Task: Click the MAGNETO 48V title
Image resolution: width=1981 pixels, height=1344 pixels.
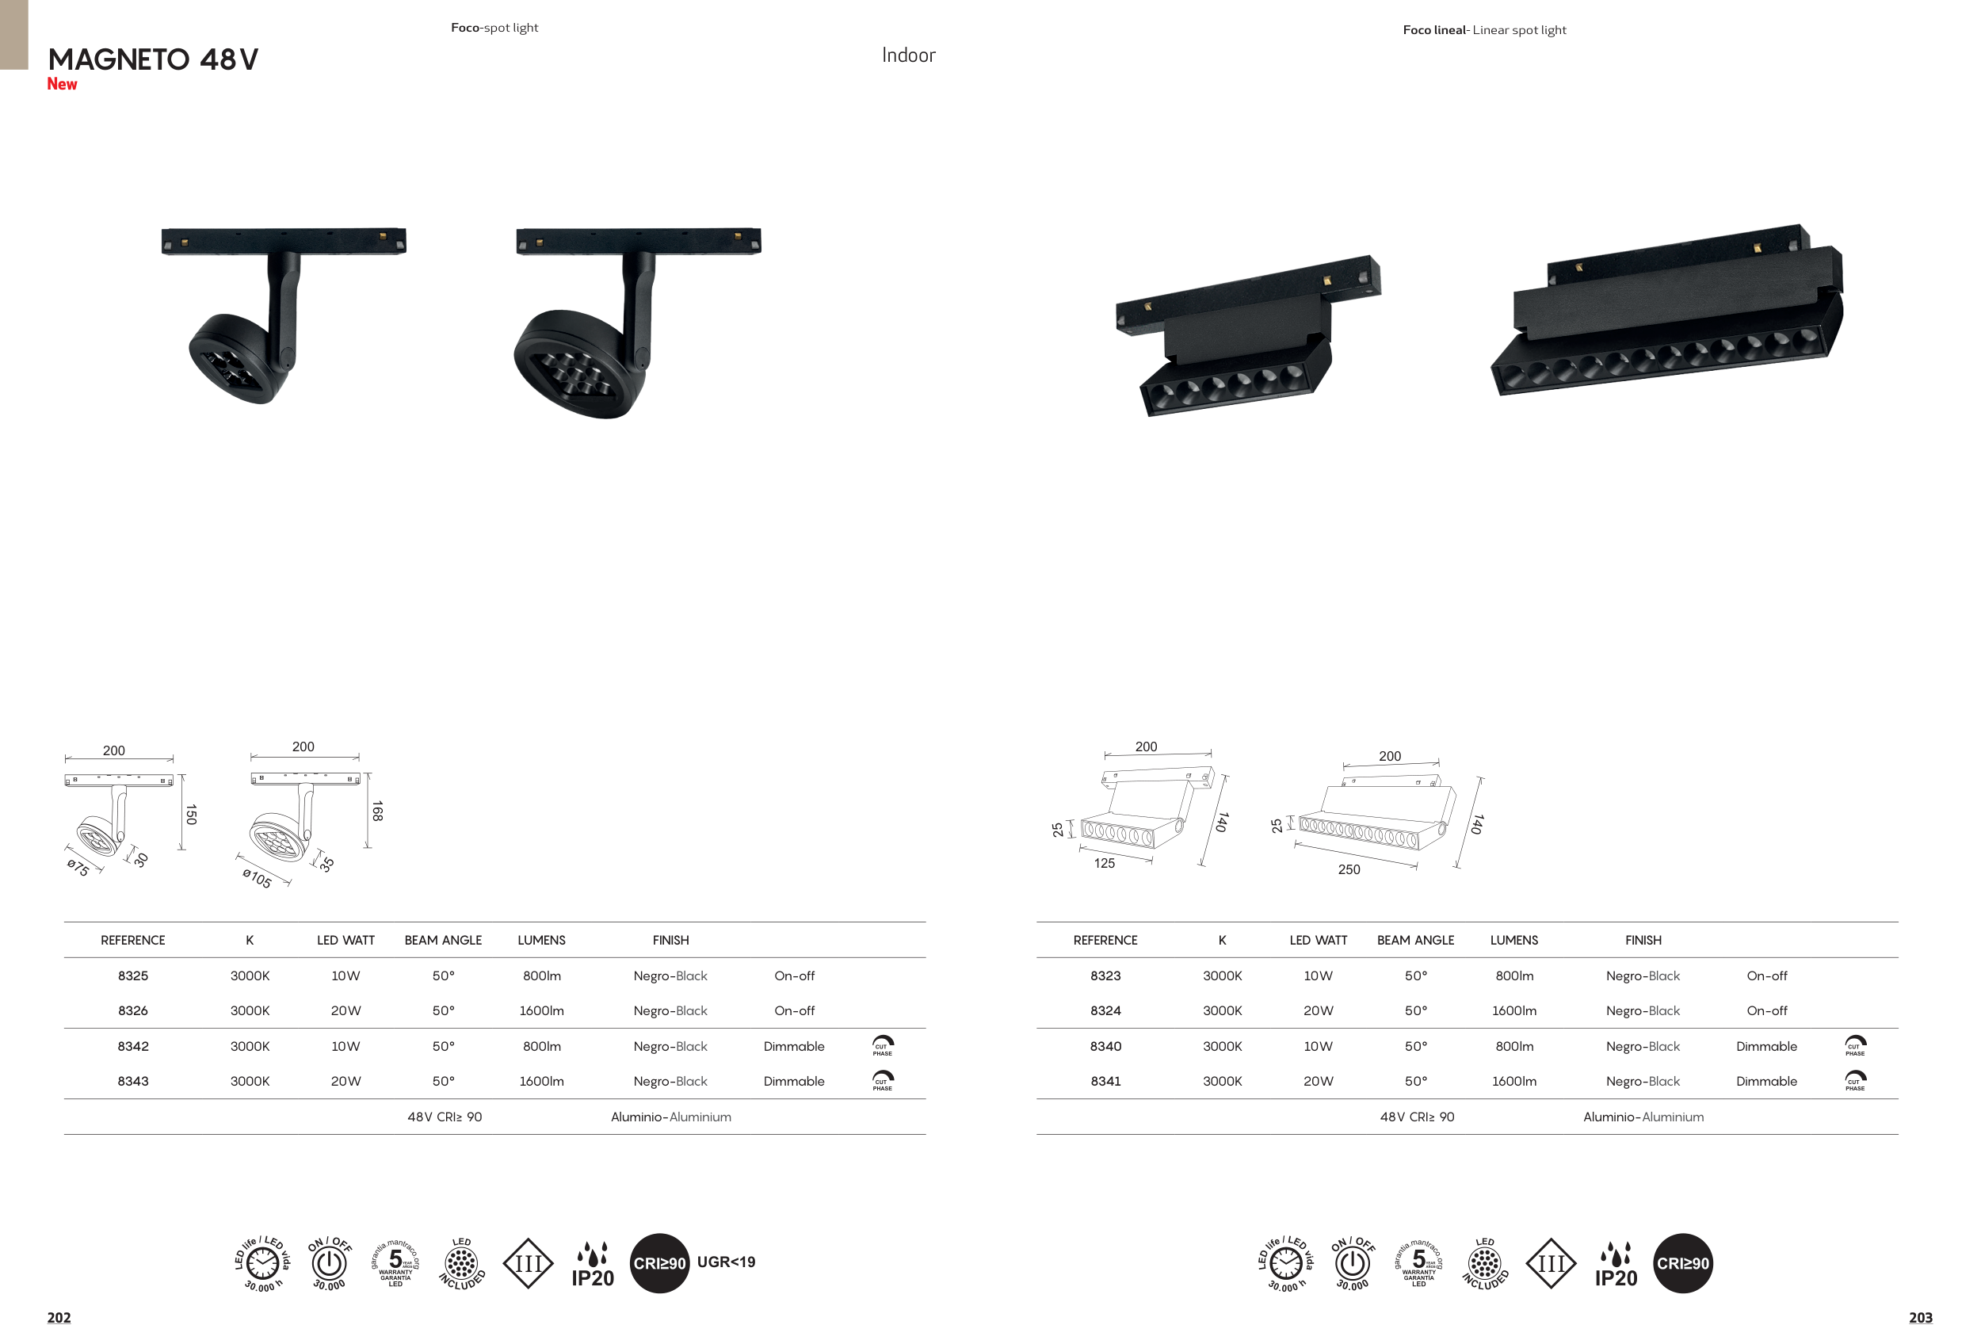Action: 154,59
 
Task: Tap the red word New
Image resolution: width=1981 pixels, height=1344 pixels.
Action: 63,84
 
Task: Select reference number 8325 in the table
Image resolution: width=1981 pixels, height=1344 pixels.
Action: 133,976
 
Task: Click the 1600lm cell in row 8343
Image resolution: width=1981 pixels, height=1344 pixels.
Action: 541,1082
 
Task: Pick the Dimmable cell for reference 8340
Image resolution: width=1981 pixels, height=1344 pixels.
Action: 1766,1047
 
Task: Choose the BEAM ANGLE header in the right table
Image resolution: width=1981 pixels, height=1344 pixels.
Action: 1416,940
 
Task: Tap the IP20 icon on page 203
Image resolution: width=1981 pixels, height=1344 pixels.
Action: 1616,1265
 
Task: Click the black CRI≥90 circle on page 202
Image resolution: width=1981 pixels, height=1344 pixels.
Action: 660,1263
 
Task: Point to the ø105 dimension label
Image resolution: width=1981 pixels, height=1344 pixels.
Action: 257,878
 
